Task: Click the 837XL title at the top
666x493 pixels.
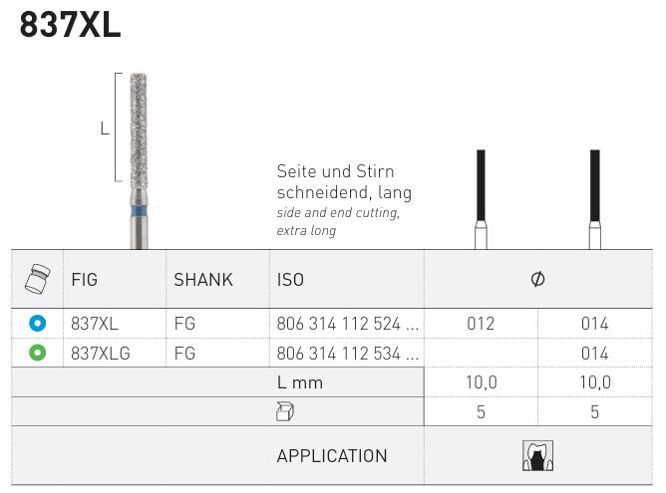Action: click(70, 25)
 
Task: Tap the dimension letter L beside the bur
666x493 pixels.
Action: click(105, 127)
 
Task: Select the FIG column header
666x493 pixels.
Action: click(85, 280)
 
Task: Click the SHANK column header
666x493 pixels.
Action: click(203, 280)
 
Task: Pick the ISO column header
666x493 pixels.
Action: click(290, 280)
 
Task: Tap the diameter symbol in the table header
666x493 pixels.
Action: click(537, 280)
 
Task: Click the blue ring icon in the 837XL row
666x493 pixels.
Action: click(37, 324)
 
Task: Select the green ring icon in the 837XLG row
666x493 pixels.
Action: click(37, 353)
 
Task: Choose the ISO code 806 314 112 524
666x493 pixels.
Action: click(346, 324)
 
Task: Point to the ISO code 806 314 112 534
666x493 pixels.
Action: click(346, 353)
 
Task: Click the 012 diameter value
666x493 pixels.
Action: click(481, 324)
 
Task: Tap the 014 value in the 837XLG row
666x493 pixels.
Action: click(594, 353)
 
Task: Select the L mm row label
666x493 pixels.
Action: click(300, 382)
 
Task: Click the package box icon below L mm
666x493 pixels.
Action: click(286, 411)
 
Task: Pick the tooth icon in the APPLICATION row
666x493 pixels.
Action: click(537, 455)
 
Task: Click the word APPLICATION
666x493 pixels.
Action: click(332, 456)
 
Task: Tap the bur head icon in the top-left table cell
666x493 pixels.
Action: click(37, 280)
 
